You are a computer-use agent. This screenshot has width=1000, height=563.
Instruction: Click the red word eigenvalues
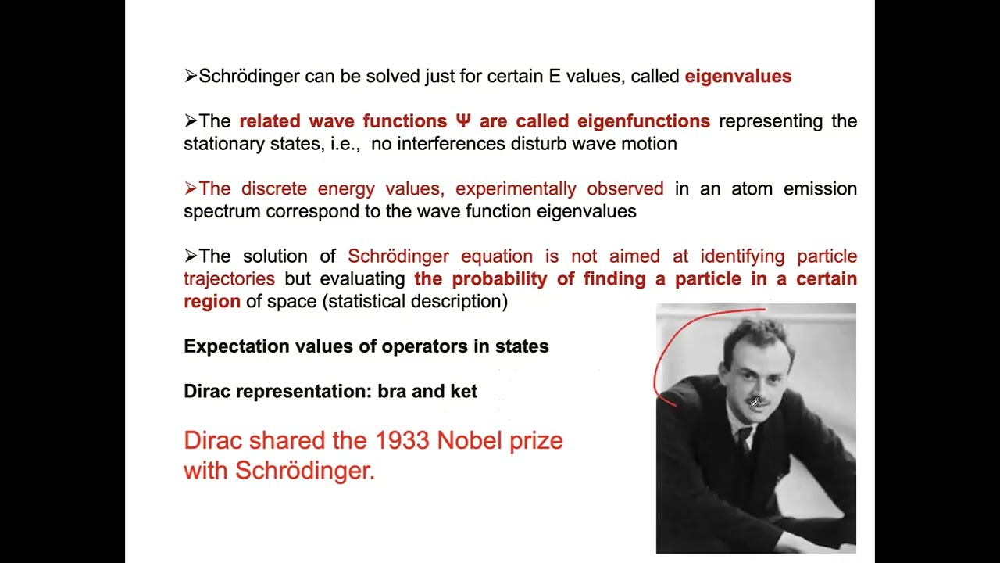pyautogui.click(x=738, y=77)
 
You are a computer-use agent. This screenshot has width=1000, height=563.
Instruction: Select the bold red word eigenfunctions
pyautogui.click(x=643, y=121)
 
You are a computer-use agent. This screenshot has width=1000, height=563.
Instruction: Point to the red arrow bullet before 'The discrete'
pyautogui.click(x=191, y=188)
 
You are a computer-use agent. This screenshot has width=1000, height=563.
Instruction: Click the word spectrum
pyautogui.click(x=222, y=211)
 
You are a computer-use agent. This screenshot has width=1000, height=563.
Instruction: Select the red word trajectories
pyautogui.click(x=229, y=278)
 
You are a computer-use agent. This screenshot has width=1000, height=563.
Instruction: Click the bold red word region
pyautogui.click(x=212, y=301)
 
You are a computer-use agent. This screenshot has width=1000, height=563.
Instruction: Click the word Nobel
pyautogui.click(x=467, y=440)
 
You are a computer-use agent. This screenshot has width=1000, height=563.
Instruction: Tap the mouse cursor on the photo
pyautogui.click(x=755, y=403)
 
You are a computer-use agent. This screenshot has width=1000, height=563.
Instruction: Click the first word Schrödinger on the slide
pyautogui.click(x=249, y=77)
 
